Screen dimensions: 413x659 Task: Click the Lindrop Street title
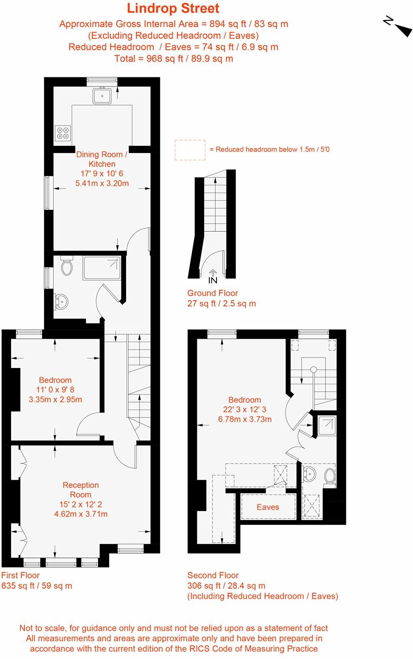coord(173,9)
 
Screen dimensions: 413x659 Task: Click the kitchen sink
coord(102,96)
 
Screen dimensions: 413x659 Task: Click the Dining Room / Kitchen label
coord(102,159)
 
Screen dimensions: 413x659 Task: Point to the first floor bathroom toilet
coord(67,265)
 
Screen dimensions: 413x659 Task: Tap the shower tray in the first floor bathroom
coord(102,268)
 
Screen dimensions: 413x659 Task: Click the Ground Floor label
coord(213,293)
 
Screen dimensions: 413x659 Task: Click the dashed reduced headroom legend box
coord(190,150)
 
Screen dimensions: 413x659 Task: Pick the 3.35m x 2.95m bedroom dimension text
coord(55,400)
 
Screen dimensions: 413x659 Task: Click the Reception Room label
coord(81,490)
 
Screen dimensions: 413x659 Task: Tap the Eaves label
coord(268,507)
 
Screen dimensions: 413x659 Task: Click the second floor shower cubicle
coord(327,425)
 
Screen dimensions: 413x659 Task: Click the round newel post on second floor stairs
coord(314,370)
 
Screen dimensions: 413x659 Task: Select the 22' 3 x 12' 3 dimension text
coord(245,410)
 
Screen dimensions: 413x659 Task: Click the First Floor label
coord(20,575)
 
